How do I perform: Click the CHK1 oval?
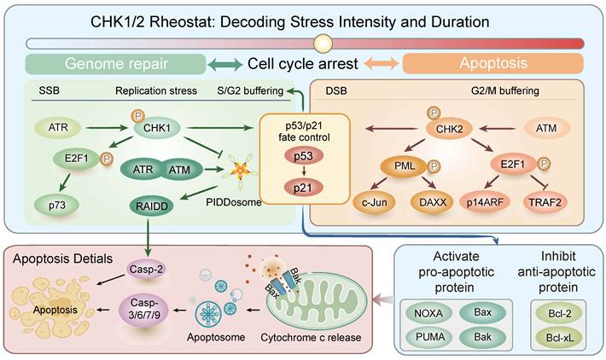tap(157, 128)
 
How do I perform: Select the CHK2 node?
tap(449, 129)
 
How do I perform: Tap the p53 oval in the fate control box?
tap(303, 156)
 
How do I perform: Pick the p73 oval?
tap(57, 205)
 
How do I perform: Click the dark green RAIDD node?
tap(152, 206)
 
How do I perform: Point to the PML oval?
tap(405, 166)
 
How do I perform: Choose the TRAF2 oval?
tap(545, 202)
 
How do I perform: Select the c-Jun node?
tap(375, 202)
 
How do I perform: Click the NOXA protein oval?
tap(428, 313)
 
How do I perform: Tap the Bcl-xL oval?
tap(560, 338)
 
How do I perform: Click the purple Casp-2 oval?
tap(146, 270)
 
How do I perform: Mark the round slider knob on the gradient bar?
tap(323, 44)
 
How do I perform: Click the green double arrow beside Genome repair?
tap(225, 64)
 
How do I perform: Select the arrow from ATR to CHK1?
tap(107, 127)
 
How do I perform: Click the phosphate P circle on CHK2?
tap(434, 113)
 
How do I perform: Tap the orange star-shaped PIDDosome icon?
tap(240, 171)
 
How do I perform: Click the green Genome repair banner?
tap(115, 64)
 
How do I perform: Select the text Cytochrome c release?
tap(311, 337)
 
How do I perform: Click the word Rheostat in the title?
tap(181, 21)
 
